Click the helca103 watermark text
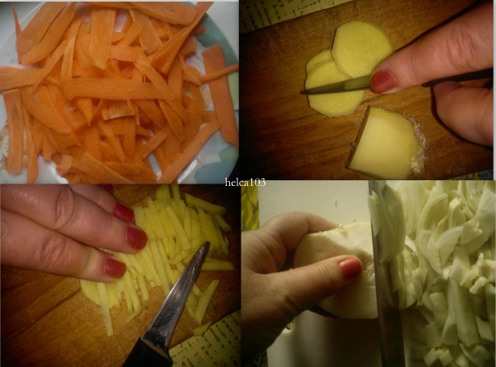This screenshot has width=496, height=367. [x=245, y=183]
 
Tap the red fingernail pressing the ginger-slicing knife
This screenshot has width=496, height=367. [x=383, y=81]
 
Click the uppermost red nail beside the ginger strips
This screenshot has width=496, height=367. [x=123, y=212]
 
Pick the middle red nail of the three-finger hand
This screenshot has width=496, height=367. [x=135, y=238]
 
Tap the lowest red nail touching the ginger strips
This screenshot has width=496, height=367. [x=114, y=267]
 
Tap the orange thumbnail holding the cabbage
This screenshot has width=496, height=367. [x=350, y=268]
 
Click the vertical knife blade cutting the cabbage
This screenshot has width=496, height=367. [x=385, y=269]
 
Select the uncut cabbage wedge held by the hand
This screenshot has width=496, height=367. [x=334, y=277]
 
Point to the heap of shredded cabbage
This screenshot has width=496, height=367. [x=449, y=269]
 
